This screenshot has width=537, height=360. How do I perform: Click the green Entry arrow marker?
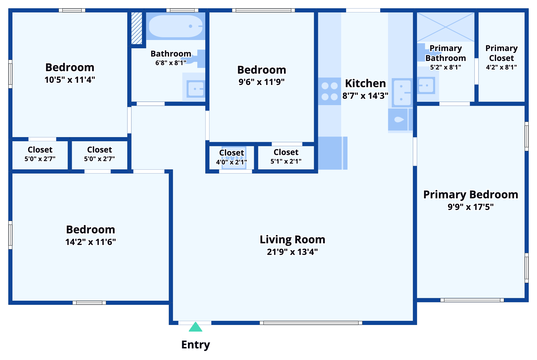(x=195, y=327)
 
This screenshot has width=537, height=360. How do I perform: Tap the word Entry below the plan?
(x=196, y=345)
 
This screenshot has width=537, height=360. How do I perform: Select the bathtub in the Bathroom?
(x=176, y=26)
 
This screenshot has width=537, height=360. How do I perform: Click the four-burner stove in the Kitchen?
(x=329, y=91)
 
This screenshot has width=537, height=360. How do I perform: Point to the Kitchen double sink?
(x=402, y=92)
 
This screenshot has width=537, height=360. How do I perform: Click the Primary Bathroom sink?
(x=427, y=86)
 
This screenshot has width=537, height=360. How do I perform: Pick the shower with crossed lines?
(x=445, y=27)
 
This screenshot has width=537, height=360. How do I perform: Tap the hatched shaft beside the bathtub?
(x=137, y=28)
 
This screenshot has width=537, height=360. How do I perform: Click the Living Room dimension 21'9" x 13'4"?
(x=292, y=252)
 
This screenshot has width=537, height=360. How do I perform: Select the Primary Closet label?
(x=501, y=53)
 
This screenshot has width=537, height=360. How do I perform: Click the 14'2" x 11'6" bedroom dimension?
(x=91, y=242)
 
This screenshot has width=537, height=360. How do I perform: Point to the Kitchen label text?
(x=365, y=83)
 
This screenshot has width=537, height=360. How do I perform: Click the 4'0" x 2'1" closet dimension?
(x=231, y=162)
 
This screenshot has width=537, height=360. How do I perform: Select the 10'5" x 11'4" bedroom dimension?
(x=70, y=80)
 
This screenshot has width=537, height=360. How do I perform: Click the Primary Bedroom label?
(x=470, y=195)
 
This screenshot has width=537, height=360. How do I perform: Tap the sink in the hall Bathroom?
(x=195, y=89)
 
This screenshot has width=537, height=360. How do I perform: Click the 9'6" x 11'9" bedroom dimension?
(x=262, y=82)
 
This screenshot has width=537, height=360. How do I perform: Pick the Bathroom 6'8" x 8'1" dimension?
(x=171, y=63)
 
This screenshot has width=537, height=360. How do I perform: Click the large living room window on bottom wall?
(x=311, y=323)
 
